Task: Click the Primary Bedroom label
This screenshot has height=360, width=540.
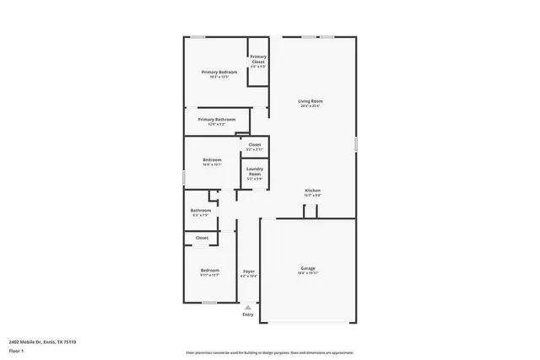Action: click(x=219, y=73)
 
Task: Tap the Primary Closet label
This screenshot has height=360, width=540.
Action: click(x=258, y=59)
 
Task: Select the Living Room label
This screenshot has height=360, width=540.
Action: click(x=310, y=101)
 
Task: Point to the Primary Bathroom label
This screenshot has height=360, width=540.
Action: click(x=217, y=120)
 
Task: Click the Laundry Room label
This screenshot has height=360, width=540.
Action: click(x=255, y=171)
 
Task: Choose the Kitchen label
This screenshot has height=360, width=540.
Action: click(x=313, y=191)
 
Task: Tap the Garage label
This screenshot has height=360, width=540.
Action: click(x=308, y=268)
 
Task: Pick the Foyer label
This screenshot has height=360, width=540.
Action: click(x=248, y=271)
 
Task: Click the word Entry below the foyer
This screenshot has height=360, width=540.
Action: click(x=247, y=314)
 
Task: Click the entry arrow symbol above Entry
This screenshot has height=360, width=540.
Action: click(x=247, y=307)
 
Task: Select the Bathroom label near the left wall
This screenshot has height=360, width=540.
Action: click(x=201, y=211)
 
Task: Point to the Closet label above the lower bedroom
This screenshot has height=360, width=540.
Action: click(x=202, y=238)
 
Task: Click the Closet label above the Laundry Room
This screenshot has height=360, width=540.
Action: click(x=254, y=145)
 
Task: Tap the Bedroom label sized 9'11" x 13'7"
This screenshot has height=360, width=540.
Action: click(x=209, y=270)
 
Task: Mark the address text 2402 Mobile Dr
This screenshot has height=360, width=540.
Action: click(x=42, y=341)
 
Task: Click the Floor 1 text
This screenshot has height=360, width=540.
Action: click(x=16, y=350)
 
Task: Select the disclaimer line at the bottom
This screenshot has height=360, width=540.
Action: click(x=270, y=352)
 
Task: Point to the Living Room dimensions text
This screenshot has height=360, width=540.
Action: click(x=310, y=106)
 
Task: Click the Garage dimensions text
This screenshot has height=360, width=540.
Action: click(x=308, y=273)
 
